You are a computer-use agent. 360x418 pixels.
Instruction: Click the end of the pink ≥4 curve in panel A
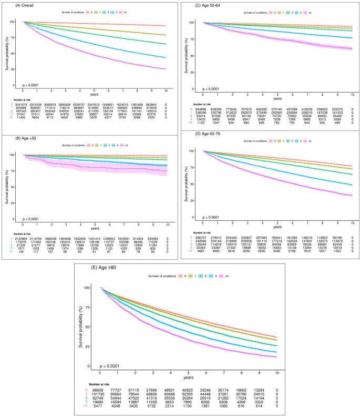tap(166, 69)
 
